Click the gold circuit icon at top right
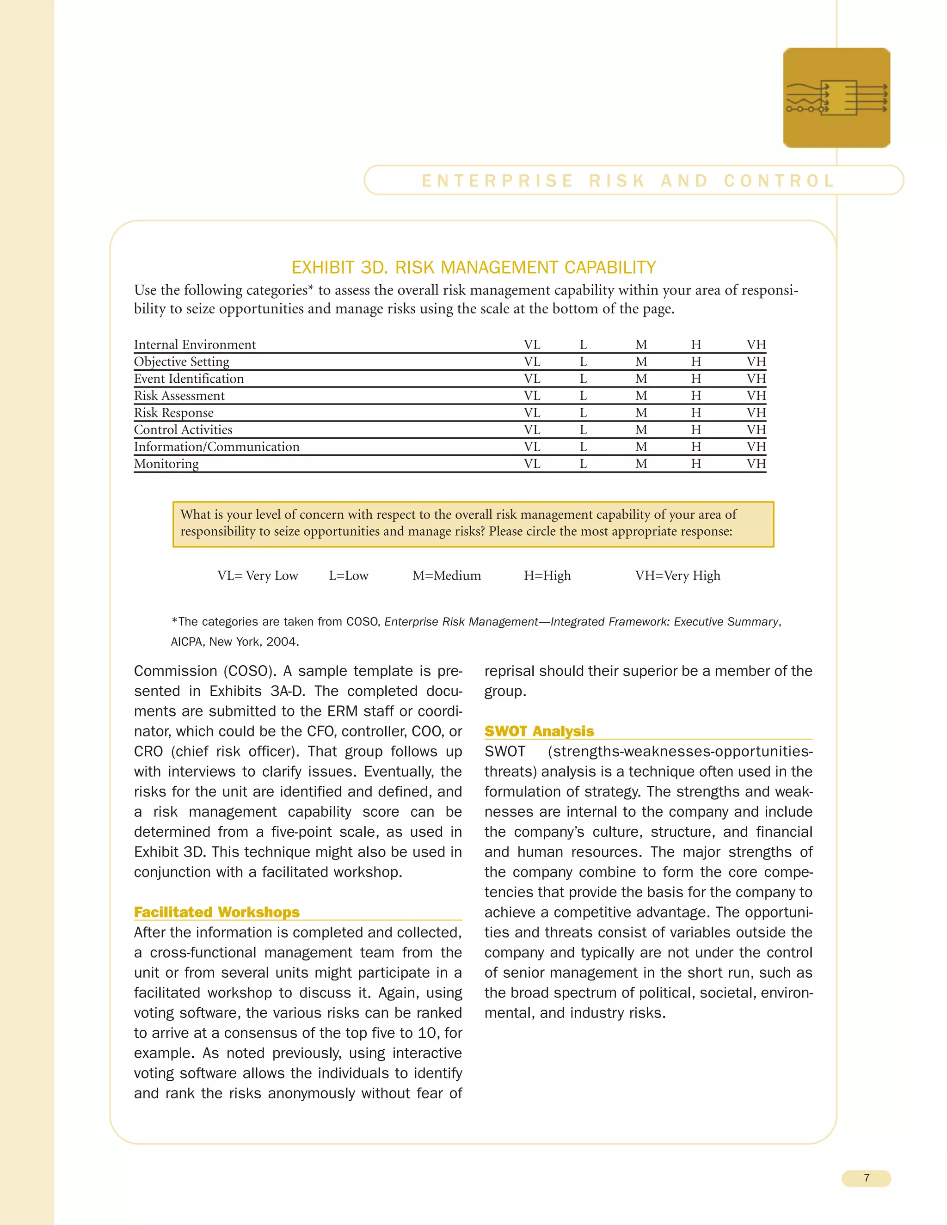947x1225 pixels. pos(836,98)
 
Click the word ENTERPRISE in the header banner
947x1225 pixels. pos(498,181)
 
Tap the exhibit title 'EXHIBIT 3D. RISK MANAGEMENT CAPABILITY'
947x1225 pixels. pos(473,268)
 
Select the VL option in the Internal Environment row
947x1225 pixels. pos(532,344)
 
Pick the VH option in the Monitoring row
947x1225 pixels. pos(756,464)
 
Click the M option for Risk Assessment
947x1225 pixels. pos(641,396)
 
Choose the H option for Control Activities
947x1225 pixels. pos(695,429)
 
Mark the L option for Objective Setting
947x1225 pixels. pos(583,362)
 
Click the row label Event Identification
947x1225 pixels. pos(189,379)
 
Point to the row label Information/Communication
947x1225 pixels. pos(216,447)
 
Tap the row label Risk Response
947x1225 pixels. pos(173,413)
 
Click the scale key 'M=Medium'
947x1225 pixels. pos(447,576)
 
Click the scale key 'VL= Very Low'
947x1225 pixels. pos(258,576)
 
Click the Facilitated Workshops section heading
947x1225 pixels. pos(216,912)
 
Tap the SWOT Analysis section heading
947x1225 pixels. pos(539,731)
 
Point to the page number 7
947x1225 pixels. pos(866,1178)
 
